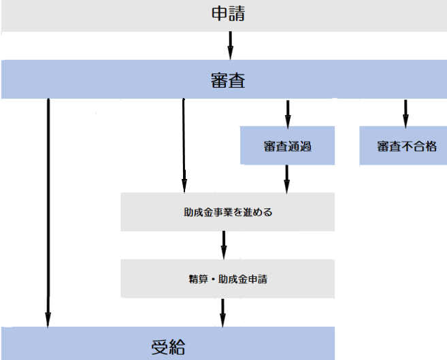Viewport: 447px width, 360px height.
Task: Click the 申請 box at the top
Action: point(225,15)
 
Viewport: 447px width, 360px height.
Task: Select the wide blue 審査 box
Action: point(225,80)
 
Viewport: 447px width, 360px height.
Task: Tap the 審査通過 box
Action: point(287,146)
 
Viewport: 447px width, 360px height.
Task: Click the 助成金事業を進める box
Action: point(228,212)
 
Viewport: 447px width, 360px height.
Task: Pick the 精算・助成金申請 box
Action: point(228,278)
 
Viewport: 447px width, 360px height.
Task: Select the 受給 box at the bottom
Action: point(167,345)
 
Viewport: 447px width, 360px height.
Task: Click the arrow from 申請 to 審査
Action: point(230,46)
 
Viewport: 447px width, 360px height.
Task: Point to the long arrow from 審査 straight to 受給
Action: point(48,211)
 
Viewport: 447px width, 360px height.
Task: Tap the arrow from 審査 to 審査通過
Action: point(287,112)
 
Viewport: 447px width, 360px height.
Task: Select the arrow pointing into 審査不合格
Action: point(405,112)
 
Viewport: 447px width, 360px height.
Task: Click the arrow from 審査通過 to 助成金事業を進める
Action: point(286,178)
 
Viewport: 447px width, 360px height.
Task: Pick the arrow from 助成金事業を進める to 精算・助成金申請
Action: point(223,244)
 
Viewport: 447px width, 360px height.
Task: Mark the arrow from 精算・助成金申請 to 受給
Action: point(222,312)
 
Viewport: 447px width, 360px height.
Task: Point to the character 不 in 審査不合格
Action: point(406,146)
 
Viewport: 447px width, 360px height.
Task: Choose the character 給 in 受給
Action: point(177,346)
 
